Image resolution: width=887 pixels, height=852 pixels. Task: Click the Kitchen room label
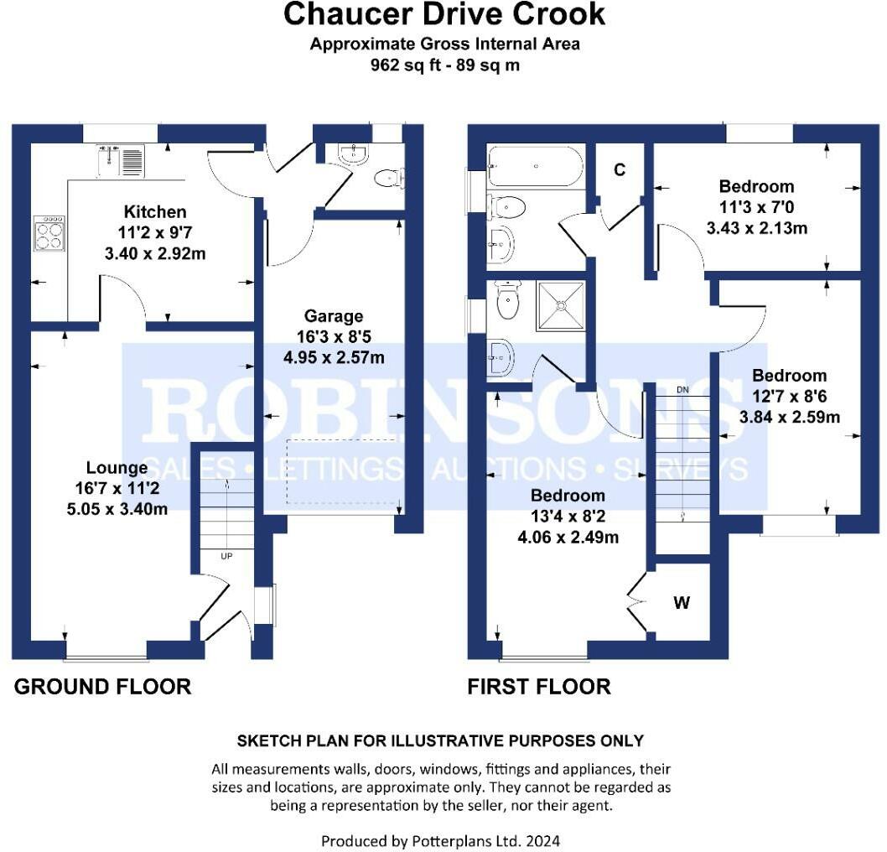tap(155, 211)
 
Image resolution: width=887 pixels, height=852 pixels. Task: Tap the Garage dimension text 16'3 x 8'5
tap(334, 336)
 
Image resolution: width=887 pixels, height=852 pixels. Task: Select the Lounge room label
tap(117, 467)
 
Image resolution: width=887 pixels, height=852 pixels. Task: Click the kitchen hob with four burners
tap(49, 233)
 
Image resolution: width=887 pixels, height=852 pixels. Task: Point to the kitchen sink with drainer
tap(121, 161)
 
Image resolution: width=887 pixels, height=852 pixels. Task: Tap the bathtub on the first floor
tap(536, 166)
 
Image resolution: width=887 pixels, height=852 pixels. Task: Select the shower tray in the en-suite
tap(561, 306)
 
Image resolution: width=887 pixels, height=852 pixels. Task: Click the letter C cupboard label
tap(620, 169)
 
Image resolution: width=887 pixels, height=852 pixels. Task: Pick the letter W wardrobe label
tap(682, 602)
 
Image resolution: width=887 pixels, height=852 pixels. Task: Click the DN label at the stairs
tap(682, 390)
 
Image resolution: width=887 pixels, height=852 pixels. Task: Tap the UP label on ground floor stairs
tap(226, 556)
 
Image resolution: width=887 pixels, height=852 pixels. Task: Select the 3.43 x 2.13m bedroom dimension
tap(756, 228)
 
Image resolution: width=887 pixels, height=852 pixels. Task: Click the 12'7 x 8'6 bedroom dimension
tap(789, 396)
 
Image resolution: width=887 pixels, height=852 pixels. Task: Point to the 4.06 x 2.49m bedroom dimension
tap(568, 537)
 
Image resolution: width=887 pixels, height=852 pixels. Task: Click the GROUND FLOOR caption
tap(102, 686)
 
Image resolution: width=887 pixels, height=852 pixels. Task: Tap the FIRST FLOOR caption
tap(539, 686)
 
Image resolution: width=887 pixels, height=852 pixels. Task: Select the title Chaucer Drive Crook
tap(444, 13)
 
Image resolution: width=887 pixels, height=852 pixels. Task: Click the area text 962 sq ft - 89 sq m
tap(444, 65)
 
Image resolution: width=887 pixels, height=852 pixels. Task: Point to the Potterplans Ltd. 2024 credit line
tap(441, 841)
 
